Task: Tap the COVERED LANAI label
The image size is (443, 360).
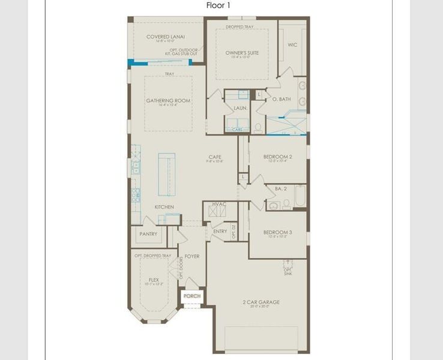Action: [164, 37]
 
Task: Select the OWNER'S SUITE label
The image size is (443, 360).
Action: [242, 53]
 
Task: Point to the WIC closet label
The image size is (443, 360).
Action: [292, 44]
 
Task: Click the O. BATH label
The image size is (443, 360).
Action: [282, 99]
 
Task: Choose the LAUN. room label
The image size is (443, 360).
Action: [240, 108]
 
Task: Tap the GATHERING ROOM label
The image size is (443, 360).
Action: [168, 101]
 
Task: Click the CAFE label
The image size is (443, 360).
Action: [215, 157]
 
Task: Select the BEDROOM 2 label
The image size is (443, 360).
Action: [277, 157]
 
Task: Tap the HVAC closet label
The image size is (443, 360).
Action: [219, 205]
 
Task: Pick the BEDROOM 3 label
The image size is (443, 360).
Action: [277, 232]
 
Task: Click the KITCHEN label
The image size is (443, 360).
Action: [164, 207]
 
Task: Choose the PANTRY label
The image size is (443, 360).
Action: [148, 234]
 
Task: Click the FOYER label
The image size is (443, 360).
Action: [192, 256]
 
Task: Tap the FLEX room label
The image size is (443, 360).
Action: [154, 280]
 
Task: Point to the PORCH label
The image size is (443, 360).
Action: [192, 296]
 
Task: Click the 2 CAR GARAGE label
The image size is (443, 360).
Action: [261, 302]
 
